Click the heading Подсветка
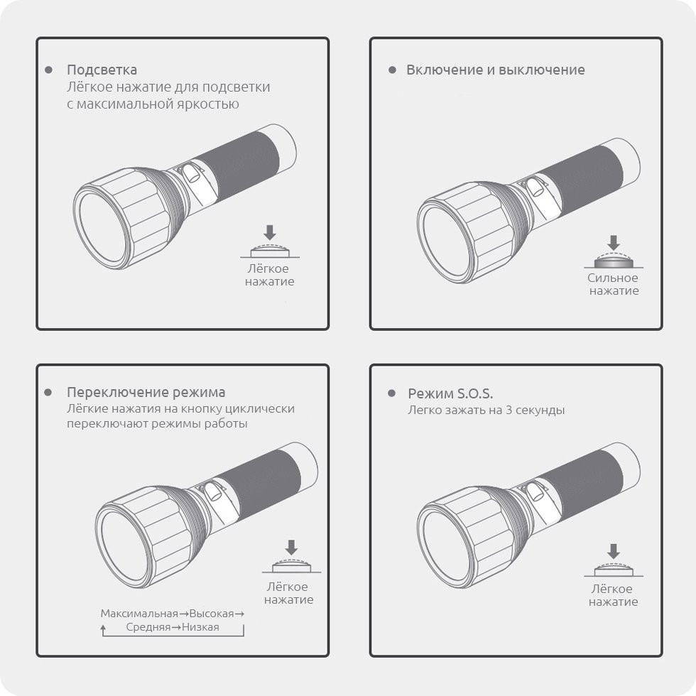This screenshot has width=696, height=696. click(102, 70)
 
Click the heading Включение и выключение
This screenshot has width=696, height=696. click(495, 70)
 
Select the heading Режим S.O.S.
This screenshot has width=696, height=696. click(450, 393)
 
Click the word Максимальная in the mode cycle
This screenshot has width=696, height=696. click(138, 613)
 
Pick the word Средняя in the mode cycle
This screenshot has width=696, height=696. click(148, 627)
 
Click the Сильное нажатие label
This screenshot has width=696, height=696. click(613, 284)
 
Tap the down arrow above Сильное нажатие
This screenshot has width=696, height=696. click(613, 243)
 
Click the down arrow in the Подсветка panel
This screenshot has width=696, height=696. click(268, 232)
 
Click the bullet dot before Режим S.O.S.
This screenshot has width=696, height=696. click(391, 393)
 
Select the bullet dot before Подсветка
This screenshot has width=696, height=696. click(48, 70)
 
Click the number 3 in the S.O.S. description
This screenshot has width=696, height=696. click(506, 410)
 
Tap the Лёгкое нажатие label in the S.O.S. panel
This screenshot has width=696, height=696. click(613, 595)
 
